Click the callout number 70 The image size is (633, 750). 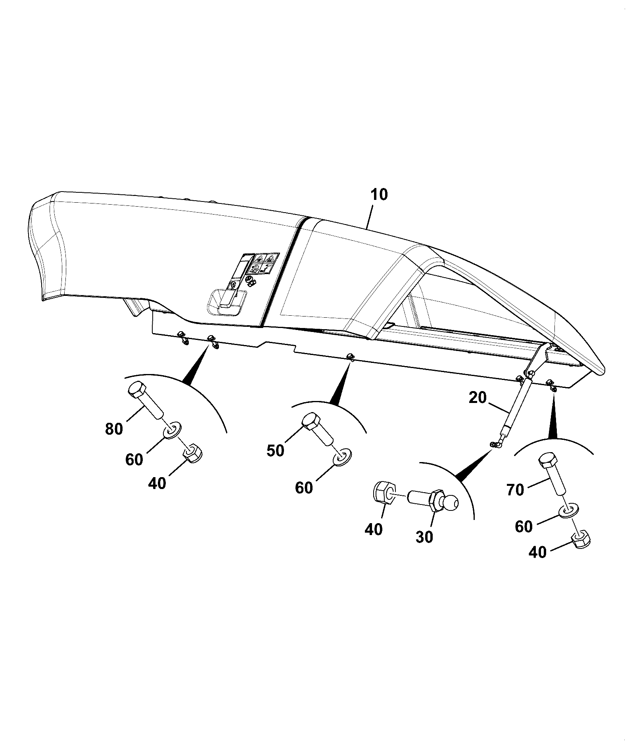point(515,490)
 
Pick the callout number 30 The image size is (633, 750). point(424,537)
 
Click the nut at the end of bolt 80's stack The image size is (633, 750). point(193,453)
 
